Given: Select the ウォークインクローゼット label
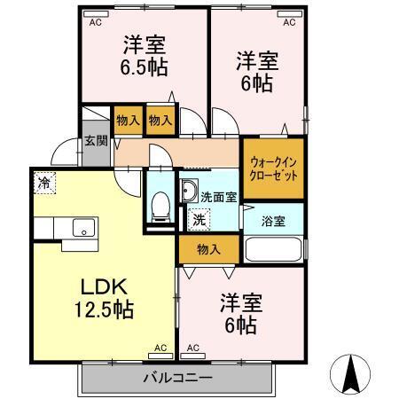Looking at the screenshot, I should (x=273, y=168).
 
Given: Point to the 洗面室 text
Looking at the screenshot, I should (x=217, y=196).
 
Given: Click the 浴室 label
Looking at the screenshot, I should (x=273, y=221).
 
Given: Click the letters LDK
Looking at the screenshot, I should (x=106, y=286).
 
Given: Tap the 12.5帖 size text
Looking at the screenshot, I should (x=106, y=310).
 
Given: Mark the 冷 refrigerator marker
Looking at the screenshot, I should (x=44, y=184).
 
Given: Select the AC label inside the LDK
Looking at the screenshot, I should (x=160, y=348).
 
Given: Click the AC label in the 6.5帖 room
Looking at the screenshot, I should (x=94, y=23).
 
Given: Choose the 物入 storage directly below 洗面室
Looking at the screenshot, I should (x=208, y=250).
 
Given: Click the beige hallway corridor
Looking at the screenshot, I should (x=177, y=151).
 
